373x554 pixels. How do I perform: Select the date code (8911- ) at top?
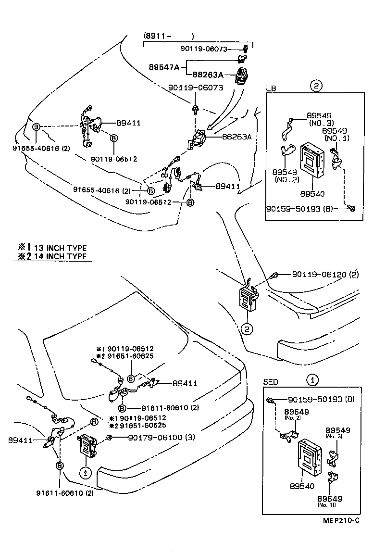click(x=169, y=36)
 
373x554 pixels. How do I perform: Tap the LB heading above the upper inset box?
click(x=271, y=88)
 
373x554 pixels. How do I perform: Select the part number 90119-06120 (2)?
click(x=325, y=275)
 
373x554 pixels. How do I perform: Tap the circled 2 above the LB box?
click(x=315, y=87)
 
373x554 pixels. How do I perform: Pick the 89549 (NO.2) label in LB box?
click(x=286, y=175)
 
